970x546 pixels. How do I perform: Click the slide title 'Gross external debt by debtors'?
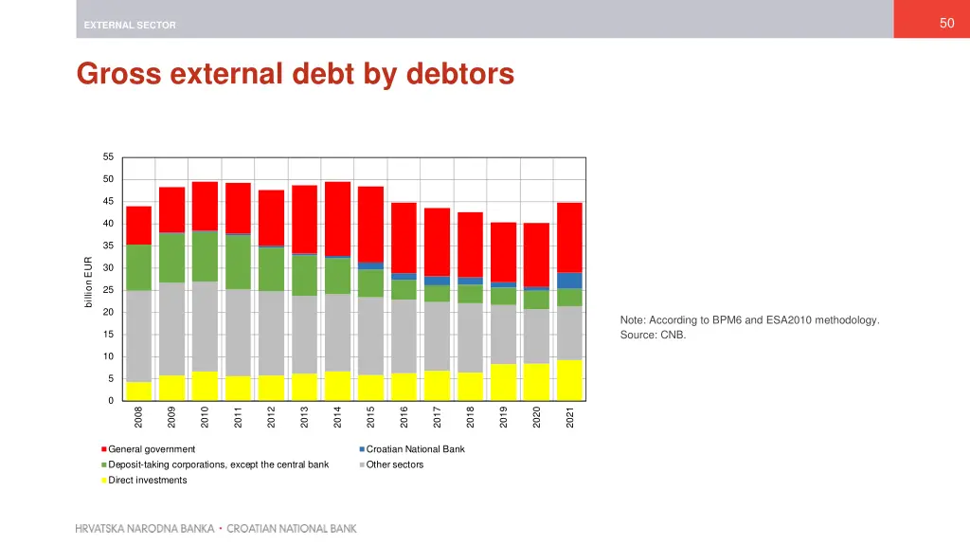(x=296, y=73)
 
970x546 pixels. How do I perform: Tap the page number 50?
(x=946, y=24)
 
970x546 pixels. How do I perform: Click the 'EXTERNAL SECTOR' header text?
(x=129, y=25)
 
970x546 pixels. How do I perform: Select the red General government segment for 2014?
(x=337, y=219)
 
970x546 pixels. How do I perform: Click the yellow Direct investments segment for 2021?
(x=569, y=380)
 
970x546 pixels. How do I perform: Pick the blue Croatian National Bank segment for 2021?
(x=569, y=281)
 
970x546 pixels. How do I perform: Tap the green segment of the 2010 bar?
(x=205, y=256)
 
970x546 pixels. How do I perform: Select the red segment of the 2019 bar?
(x=503, y=252)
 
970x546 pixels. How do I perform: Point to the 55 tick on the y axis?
(x=108, y=157)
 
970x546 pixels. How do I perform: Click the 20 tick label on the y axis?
(x=108, y=312)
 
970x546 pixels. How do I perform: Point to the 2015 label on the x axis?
(x=370, y=416)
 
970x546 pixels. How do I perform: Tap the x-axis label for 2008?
(x=138, y=416)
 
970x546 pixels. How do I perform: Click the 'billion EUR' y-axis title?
(x=88, y=282)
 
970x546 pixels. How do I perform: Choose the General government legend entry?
(x=152, y=449)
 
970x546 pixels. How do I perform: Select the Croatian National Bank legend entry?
(x=415, y=449)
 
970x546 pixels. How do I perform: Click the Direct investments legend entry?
(x=147, y=481)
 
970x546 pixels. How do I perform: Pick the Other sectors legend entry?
(x=394, y=464)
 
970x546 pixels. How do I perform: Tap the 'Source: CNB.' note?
(x=653, y=336)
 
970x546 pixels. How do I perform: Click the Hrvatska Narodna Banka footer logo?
(x=216, y=528)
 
